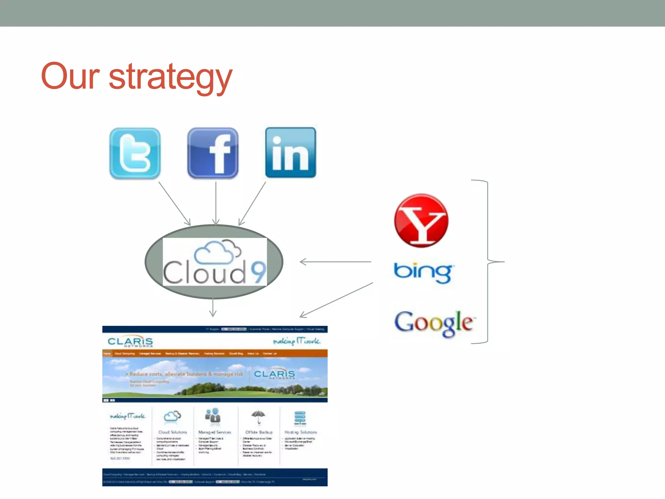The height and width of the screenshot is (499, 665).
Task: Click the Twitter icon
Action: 135,153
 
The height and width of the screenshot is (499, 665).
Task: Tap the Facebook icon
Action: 213,153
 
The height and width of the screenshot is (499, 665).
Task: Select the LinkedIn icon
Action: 291,153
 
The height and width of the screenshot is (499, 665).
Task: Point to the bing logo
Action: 423,272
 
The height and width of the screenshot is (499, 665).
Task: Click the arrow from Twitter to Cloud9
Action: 174,203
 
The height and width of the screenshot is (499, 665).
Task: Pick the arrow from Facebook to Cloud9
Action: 216,203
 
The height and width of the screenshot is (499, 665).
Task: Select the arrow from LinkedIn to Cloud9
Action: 253,203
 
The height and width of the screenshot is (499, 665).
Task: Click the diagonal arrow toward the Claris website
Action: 336,300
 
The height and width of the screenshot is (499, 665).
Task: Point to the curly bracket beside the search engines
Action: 488,262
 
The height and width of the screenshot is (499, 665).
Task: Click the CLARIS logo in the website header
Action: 130,342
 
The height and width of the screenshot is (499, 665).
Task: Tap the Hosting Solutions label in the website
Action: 300,432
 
